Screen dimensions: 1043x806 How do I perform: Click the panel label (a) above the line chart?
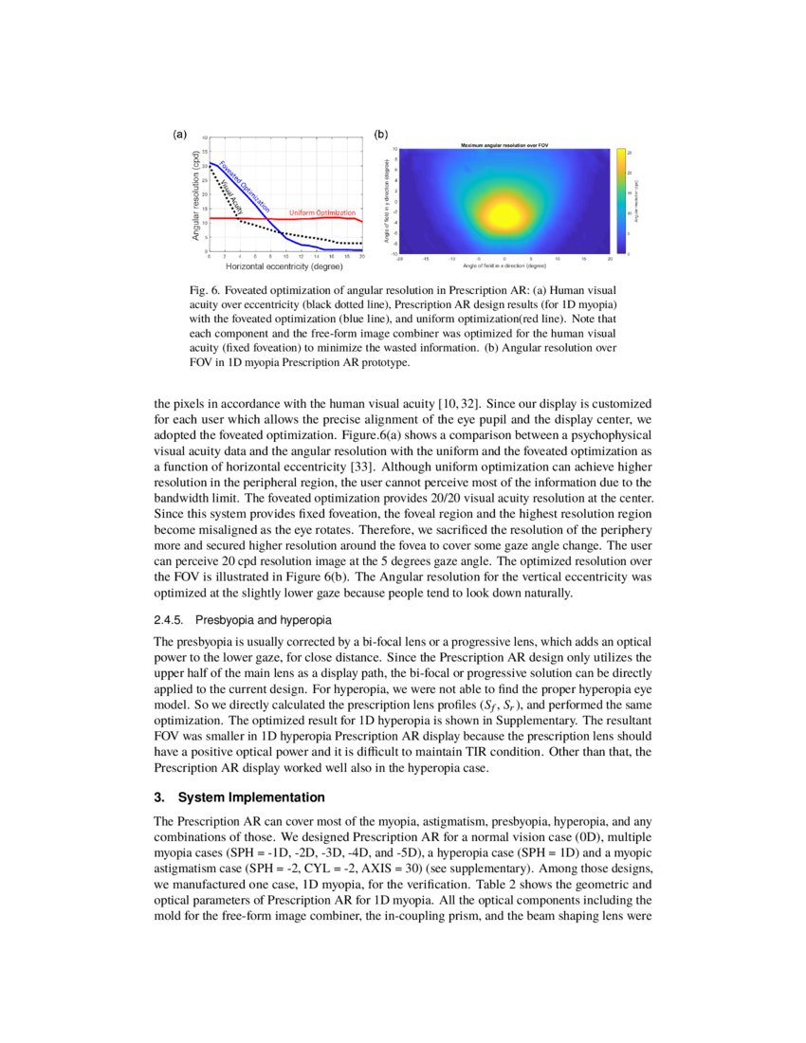pos(179,135)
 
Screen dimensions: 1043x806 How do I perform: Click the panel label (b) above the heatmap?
pos(381,135)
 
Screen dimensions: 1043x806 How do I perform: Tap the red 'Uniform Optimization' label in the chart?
pos(321,212)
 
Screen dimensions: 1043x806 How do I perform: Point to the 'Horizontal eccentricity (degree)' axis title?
pos(284,266)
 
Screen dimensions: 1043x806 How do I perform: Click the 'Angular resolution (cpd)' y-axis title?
pos(195,201)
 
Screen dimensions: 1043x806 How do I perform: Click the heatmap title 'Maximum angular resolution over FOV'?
pos(504,144)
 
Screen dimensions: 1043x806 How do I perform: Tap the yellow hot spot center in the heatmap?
pos(504,210)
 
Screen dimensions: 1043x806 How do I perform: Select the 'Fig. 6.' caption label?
pos(204,288)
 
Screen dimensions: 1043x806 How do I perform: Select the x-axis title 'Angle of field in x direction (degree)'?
pos(504,265)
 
